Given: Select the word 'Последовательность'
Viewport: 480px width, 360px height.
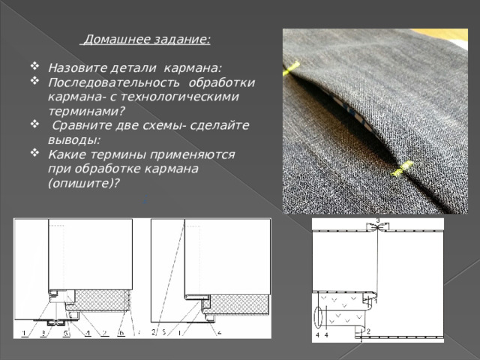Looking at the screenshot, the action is (114, 82).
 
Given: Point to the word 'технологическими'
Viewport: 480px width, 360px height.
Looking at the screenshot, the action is (180, 97).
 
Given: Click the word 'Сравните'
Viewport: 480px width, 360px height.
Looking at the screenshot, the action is (82, 125).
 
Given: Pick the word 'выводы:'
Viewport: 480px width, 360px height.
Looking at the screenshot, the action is (74, 139).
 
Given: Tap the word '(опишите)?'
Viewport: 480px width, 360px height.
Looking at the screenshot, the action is (83, 183).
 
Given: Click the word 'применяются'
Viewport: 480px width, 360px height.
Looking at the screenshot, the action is (192, 155).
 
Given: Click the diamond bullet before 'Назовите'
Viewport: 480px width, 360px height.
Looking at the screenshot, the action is (34, 66).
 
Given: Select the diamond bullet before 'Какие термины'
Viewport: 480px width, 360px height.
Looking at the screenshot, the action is (34, 152).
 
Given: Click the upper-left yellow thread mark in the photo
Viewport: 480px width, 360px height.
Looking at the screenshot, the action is (291, 68).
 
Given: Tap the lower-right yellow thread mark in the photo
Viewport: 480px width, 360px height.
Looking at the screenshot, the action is (402, 169).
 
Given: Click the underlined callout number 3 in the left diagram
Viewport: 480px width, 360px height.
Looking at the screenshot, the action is (43, 333).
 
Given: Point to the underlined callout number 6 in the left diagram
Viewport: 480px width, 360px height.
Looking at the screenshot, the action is (121, 333).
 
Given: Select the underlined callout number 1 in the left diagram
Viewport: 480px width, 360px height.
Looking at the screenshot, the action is (25, 333).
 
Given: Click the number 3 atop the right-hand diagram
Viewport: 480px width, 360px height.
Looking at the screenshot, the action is (378, 220).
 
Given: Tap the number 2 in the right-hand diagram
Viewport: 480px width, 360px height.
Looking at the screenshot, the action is (368, 331).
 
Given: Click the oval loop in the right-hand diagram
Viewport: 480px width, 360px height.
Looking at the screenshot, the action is (318, 317).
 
